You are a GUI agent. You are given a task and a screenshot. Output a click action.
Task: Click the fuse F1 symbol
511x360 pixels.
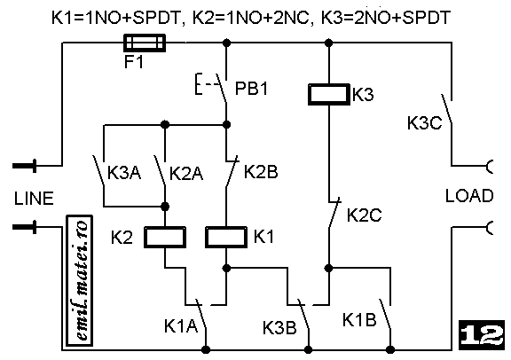(145, 43)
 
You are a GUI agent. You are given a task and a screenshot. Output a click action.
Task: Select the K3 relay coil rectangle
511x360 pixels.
(329, 95)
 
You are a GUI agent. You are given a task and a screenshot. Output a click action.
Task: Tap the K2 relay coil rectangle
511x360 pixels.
(165, 237)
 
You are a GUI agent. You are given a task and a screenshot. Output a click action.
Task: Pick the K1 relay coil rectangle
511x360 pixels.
(226, 237)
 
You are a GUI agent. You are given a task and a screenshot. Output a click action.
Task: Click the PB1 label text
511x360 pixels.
(252, 88)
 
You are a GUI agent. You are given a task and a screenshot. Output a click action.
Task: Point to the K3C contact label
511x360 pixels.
(424, 123)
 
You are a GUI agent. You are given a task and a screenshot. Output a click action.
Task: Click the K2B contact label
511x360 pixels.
(261, 172)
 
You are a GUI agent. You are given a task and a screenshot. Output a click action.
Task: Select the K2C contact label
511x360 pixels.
(364, 215)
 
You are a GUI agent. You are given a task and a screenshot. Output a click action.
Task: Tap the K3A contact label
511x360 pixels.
(124, 173)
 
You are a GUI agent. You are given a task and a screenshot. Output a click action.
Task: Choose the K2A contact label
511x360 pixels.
(186, 174)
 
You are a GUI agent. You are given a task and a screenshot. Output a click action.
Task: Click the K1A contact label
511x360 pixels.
(181, 325)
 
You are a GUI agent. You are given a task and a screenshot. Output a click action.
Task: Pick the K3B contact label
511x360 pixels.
(279, 327)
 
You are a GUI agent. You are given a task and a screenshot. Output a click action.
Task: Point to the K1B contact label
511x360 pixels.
(359, 319)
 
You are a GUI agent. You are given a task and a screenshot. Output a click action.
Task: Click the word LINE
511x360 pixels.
(34, 199)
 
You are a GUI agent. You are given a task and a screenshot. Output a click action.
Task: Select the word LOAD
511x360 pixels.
(469, 196)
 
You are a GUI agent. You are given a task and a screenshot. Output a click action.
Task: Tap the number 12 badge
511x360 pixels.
(482, 335)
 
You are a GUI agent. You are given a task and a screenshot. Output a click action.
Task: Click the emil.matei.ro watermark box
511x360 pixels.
(80, 281)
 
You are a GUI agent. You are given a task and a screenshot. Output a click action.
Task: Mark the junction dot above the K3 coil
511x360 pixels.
(329, 43)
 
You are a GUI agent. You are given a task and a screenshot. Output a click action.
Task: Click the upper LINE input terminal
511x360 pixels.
(25, 166)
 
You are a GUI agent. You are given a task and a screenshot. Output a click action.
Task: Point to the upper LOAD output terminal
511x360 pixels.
(489, 166)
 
